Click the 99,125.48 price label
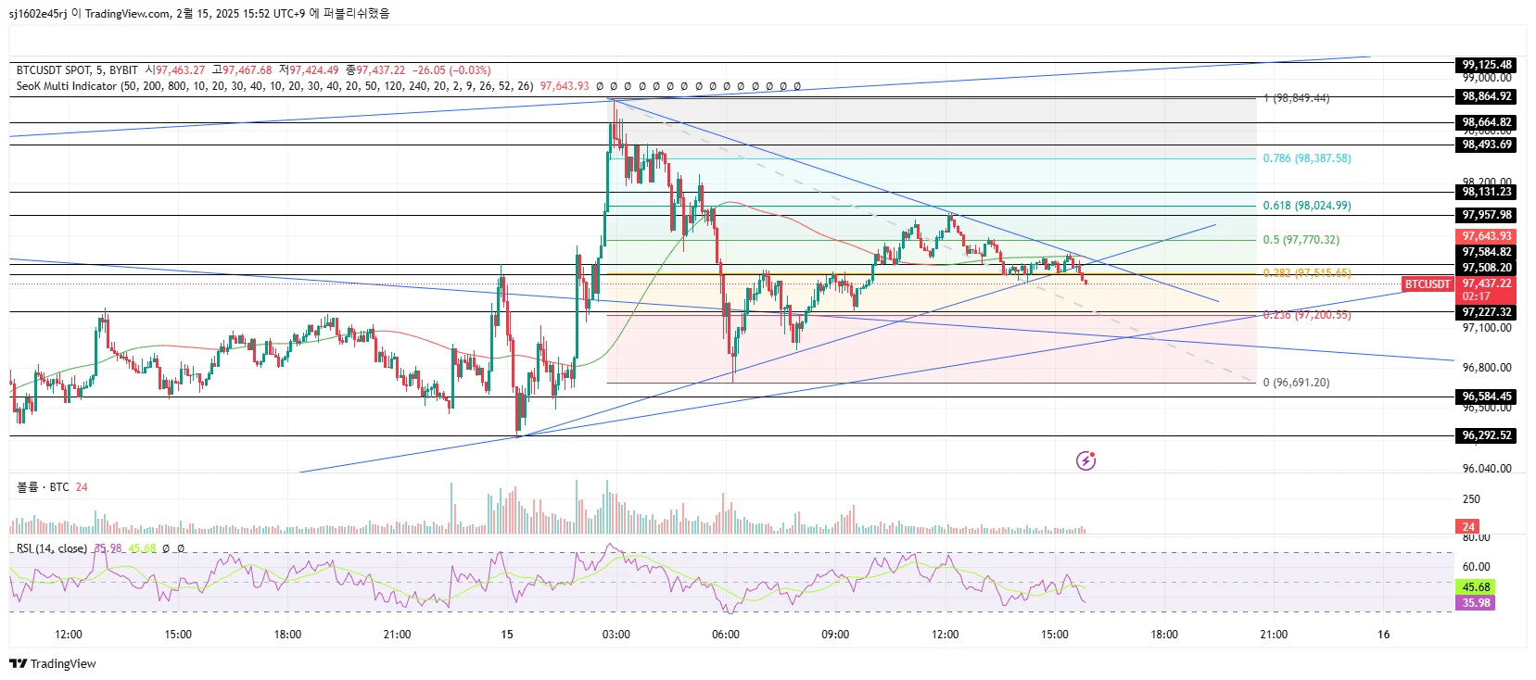1487,65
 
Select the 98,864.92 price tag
1487,96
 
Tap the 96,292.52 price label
1487,435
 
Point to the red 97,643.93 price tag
1487,236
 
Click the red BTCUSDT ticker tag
1427,284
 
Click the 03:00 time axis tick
616,635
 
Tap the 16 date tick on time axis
1383,635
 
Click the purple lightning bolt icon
1085,460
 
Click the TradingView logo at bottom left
53,663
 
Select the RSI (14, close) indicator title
52,548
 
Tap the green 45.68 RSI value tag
1476,587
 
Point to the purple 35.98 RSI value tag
1476,603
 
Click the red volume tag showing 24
1468,527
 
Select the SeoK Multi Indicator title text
67,86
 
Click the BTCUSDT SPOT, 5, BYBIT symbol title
77,70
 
